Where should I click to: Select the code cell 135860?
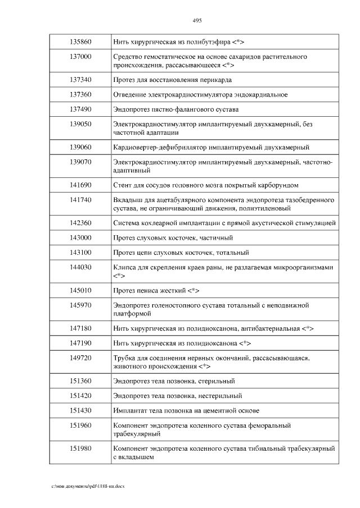coord(80,42)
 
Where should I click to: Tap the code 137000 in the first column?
coord(80,57)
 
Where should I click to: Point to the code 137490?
coord(80,108)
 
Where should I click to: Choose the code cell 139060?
coord(80,147)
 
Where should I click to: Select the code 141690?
coord(80,185)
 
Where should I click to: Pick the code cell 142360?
coord(80,223)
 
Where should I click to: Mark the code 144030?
coord(80,267)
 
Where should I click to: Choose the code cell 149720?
coord(80,357)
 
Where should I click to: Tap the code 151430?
coord(80,410)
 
